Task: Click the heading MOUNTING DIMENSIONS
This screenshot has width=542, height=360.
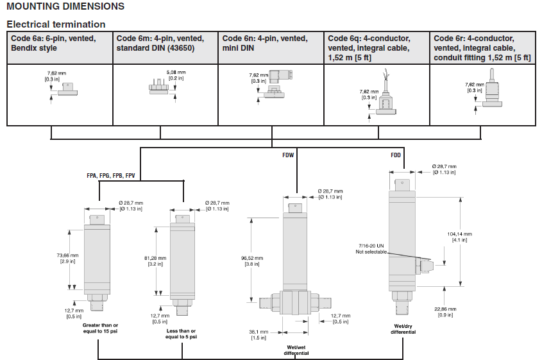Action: (65, 7)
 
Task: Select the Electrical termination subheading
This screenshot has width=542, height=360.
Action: (56, 24)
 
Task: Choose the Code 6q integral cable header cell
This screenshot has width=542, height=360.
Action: (377, 47)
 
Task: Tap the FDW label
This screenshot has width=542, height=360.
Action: (288, 155)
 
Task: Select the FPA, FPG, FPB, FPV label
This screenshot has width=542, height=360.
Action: (110, 175)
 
